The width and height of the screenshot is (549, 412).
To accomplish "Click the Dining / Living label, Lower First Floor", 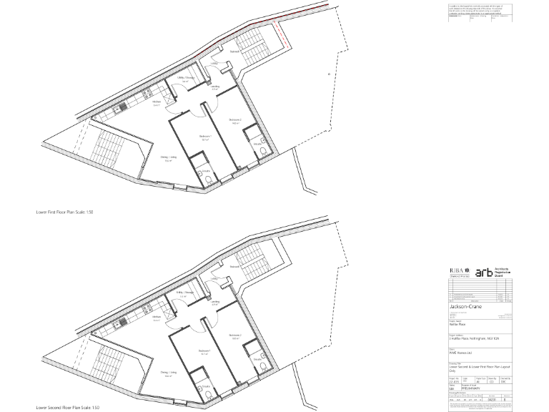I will pyautogui.click(x=169, y=160).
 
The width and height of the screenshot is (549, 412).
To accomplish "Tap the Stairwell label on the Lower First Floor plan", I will pyautogui.click(x=234, y=52).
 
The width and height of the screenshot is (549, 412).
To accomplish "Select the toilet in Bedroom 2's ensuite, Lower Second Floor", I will pyautogui.click(x=262, y=367).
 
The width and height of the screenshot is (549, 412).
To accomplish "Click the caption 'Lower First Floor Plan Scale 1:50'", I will pyautogui.click(x=66, y=212).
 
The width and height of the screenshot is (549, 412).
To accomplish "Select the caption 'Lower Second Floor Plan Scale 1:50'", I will pyautogui.click(x=69, y=407).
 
